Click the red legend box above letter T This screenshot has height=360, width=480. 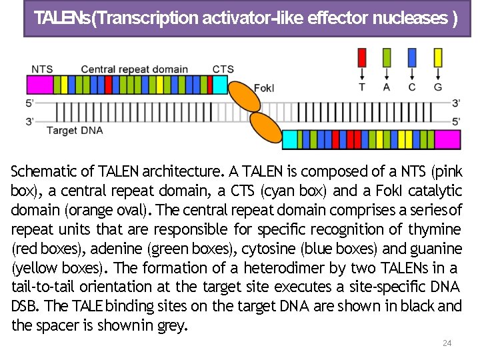point(362,57)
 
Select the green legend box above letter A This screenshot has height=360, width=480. point(387,57)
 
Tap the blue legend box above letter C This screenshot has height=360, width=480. point(412,57)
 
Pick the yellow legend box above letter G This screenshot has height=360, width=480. point(437,57)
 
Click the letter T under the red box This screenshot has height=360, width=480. point(362,87)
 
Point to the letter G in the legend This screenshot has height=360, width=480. point(437,87)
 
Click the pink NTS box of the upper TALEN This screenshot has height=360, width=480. point(39,85)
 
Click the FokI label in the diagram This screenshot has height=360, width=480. point(263,87)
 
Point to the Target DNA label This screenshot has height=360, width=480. point(75,131)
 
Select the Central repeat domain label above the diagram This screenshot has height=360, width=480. point(134,69)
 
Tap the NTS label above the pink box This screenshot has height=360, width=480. point(42,69)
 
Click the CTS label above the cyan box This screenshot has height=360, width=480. point(223,69)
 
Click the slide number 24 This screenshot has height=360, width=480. point(447,343)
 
